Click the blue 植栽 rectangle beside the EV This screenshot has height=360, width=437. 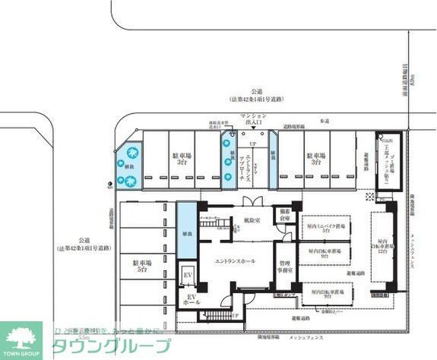187,234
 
